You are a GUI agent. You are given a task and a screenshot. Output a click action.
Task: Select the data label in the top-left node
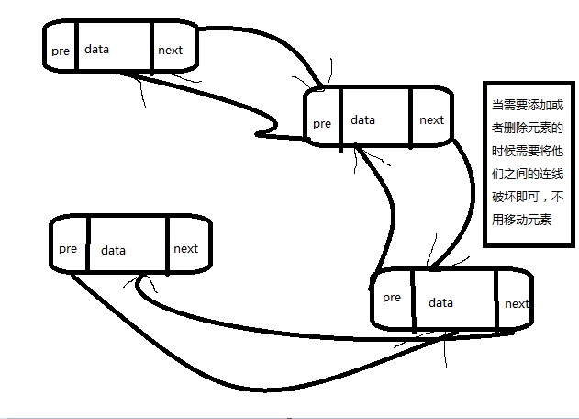[96, 49]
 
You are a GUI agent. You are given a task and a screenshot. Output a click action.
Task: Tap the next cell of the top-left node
[171, 50]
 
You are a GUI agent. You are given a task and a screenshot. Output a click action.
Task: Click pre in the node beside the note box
[321, 123]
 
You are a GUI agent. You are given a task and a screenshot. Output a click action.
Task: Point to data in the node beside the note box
[362, 119]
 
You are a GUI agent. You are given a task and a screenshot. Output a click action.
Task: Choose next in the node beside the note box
[431, 119]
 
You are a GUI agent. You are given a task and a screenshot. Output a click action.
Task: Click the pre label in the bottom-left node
[67, 248]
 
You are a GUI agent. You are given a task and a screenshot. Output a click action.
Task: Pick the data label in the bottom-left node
[113, 250]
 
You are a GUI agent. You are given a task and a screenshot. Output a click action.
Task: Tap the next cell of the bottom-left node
[185, 248]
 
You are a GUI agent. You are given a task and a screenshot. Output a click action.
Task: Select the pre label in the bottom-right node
[392, 297]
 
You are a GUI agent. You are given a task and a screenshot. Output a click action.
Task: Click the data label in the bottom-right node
[440, 302]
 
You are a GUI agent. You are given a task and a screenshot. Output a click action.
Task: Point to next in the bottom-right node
[517, 303]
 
